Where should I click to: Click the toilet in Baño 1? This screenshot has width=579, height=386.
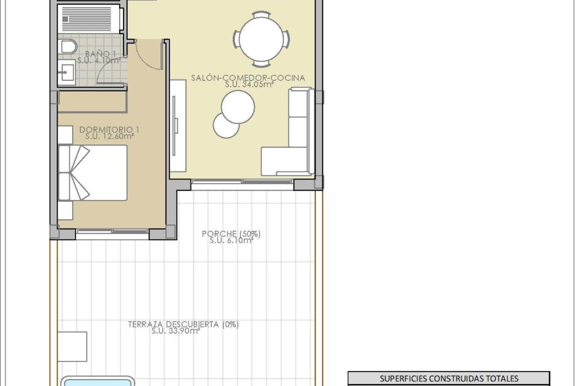69,47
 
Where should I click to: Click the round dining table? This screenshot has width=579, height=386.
261,39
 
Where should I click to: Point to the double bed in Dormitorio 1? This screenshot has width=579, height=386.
93,172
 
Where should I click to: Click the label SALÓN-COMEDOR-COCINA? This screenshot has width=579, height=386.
248,78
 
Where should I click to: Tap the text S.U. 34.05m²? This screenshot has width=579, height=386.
249,84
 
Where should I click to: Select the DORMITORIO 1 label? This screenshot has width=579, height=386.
109,130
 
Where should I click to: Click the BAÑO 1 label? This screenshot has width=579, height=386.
100,54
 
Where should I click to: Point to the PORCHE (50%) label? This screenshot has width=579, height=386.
231,234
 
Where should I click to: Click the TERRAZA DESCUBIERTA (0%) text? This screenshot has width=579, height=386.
183,324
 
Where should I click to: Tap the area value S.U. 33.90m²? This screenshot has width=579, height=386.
176,331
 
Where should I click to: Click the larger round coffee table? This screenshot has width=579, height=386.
238,106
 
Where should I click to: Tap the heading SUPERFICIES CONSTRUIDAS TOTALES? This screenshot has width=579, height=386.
449,378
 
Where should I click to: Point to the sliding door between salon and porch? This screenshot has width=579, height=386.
242,182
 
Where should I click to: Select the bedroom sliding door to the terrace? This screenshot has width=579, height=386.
112,231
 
